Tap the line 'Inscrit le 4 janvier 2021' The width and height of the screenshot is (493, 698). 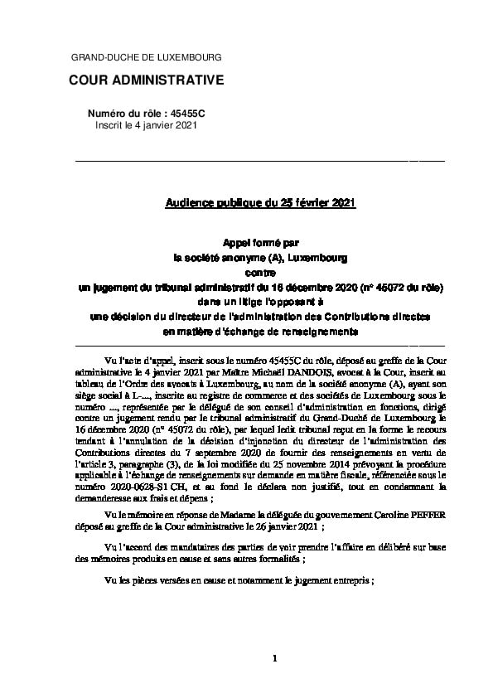[x=146, y=124]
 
